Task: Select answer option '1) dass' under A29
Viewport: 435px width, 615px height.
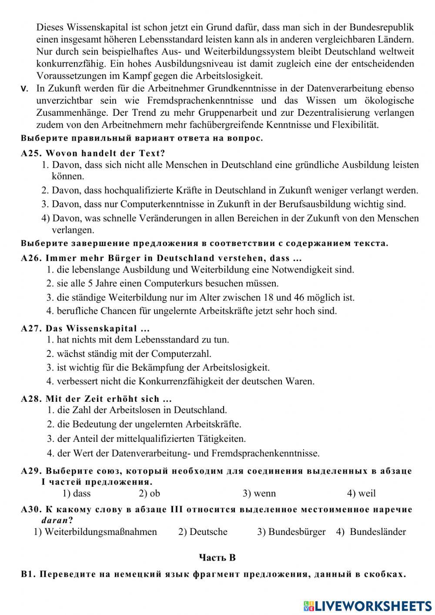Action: pyautogui.click(x=77, y=494)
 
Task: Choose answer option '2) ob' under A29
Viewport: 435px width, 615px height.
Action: pyautogui.click(x=149, y=494)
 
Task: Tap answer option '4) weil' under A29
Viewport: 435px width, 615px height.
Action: pyautogui.click(x=361, y=494)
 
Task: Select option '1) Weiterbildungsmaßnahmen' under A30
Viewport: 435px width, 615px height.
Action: pyautogui.click(x=95, y=532)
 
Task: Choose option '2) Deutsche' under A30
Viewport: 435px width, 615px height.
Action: pyautogui.click(x=203, y=532)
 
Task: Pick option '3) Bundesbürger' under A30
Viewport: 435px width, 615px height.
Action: pyautogui.click(x=291, y=532)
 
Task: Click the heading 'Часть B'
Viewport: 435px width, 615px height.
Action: pyautogui.click(x=217, y=558)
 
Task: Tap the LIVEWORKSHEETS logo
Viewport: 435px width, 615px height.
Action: pyautogui.click(x=368, y=605)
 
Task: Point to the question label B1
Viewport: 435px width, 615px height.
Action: pyautogui.click(x=27, y=575)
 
